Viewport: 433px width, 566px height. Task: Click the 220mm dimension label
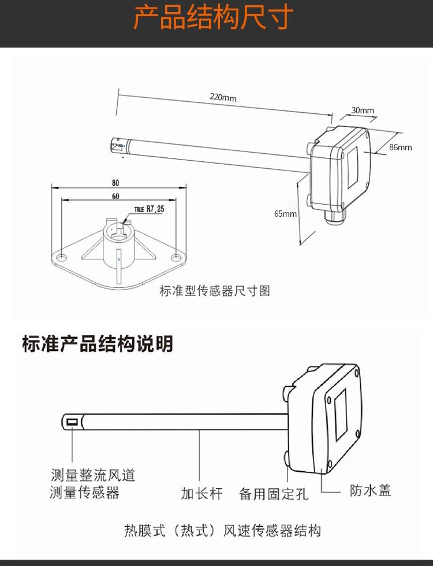point(223,98)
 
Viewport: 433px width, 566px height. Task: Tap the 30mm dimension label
point(363,110)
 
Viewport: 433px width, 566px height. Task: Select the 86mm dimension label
point(400,147)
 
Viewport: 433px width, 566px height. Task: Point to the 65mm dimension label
point(285,213)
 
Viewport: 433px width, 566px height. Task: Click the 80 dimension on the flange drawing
point(116,183)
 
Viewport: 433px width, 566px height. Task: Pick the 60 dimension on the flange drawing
point(115,196)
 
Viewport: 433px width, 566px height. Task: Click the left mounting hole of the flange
point(61,255)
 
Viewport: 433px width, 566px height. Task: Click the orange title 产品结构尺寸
point(213,19)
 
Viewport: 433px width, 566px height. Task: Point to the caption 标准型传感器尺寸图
point(215,290)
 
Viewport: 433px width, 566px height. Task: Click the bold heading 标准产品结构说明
point(97,343)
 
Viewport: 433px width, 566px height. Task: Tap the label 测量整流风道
point(93,476)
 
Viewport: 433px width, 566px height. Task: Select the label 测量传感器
point(84,493)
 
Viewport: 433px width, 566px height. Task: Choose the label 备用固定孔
point(274,493)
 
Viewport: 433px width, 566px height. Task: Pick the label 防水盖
point(371,490)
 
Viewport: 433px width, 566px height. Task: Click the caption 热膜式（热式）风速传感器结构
point(222,530)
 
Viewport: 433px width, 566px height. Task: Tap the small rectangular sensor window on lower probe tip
point(72,422)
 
